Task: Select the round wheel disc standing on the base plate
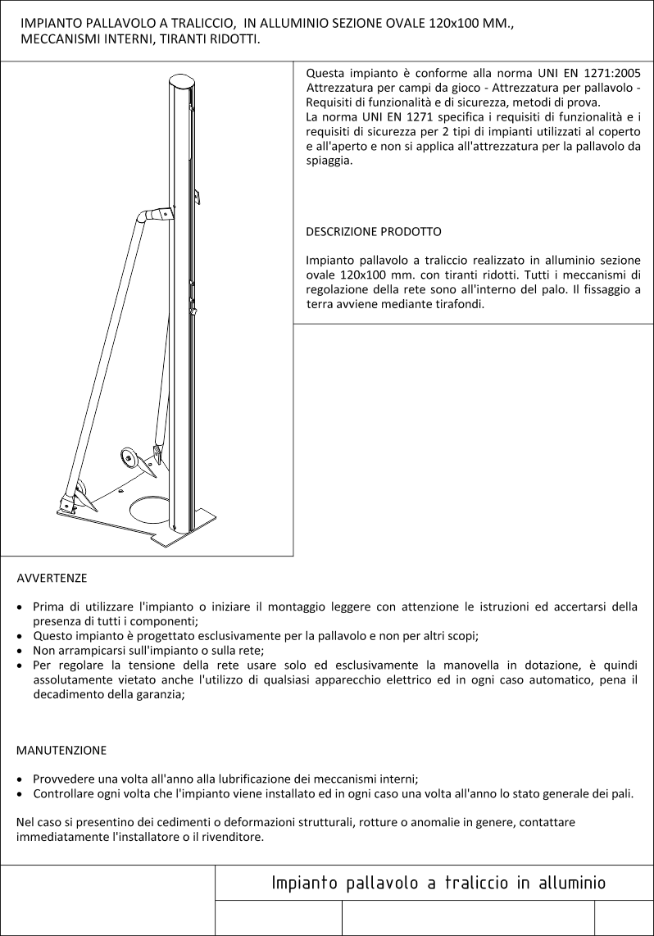pyautogui.click(x=129, y=457)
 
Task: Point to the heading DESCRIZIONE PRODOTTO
pyautogui.click(x=374, y=232)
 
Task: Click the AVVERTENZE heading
pyautogui.click(x=52, y=578)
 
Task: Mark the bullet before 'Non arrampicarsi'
pyautogui.click(x=20, y=651)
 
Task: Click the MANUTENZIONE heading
pyautogui.click(x=61, y=750)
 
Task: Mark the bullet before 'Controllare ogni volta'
pyautogui.click(x=20, y=794)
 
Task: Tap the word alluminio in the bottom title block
pyautogui.click(x=568, y=883)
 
